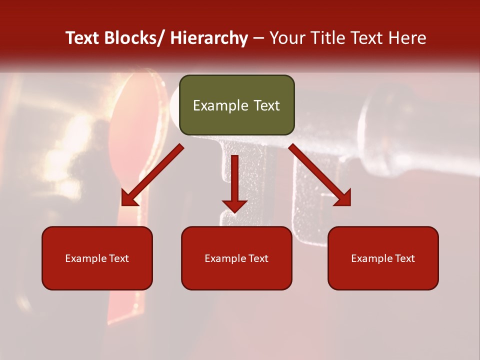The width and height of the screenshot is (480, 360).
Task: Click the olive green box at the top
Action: tap(236, 105)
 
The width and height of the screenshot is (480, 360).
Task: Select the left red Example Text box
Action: tap(97, 258)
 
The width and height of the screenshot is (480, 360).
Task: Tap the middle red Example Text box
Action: tap(236, 258)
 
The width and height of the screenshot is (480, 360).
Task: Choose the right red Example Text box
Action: tap(383, 258)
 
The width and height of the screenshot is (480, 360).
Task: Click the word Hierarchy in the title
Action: tap(209, 38)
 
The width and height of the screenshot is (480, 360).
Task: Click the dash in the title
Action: tap(258, 38)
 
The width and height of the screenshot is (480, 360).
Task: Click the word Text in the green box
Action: tap(266, 105)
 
